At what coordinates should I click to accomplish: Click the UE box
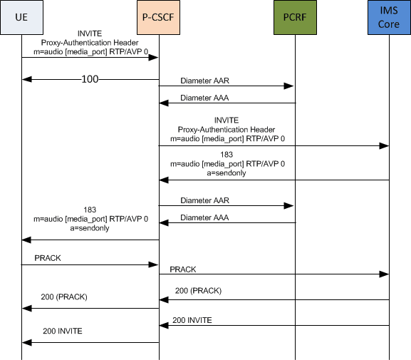[x=21, y=19]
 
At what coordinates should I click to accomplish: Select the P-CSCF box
[x=158, y=19]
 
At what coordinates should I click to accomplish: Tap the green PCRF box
[x=294, y=19]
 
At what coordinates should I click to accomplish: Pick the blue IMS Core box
[x=389, y=19]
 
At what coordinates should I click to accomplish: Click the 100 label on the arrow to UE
[x=90, y=78]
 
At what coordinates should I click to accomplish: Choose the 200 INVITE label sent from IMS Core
[x=192, y=320]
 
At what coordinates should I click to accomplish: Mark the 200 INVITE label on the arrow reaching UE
[x=63, y=331]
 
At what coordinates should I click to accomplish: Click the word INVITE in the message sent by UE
[x=90, y=33]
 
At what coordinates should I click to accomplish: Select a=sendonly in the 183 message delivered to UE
[x=90, y=228]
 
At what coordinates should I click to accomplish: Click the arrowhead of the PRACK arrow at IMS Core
[x=385, y=274]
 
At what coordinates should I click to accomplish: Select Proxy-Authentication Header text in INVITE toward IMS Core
[x=226, y=129]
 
